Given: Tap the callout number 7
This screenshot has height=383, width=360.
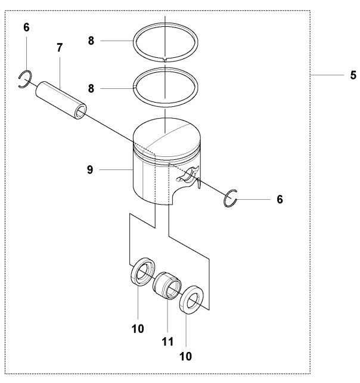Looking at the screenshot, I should [60, 48].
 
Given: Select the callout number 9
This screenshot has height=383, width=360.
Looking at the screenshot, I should [90, 170].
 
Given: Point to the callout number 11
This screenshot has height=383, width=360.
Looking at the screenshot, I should [168, 342].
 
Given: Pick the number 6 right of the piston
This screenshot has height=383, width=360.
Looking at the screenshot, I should [280, 199].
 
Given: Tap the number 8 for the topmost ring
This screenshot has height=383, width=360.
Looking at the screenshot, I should [91, 41].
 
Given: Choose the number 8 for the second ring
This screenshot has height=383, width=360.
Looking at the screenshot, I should [91, 88].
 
